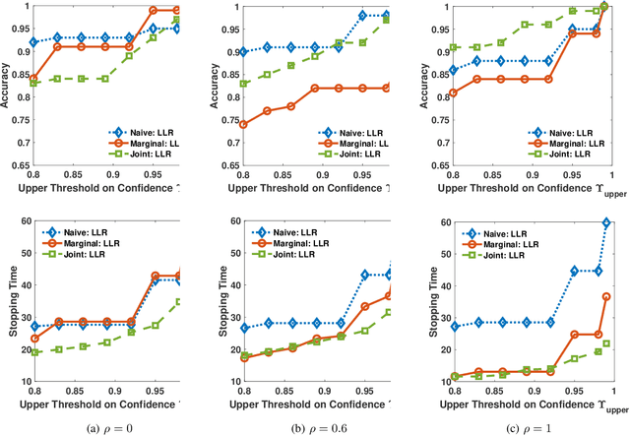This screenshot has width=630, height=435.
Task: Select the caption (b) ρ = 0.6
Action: coord(315,425)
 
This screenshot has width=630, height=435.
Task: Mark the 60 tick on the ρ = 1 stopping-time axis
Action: coord(445,223)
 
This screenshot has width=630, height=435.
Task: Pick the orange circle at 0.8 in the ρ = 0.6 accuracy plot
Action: coord(244,125)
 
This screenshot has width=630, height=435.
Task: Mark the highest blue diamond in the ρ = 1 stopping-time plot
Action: coord(605,223)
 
